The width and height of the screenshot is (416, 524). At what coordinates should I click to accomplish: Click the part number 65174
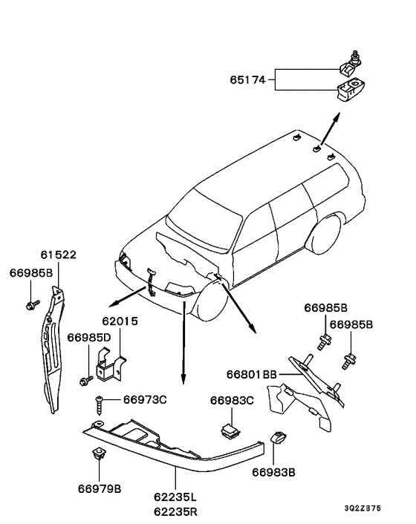point(247,80)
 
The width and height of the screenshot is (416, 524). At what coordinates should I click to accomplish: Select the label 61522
point(59,255)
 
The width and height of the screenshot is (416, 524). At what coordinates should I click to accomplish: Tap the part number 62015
point(120,321)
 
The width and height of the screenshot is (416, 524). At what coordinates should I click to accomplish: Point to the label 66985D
point(89,338)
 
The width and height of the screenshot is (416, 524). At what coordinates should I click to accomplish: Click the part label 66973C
point(145,400)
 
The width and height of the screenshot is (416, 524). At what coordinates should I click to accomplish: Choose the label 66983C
point(232,400)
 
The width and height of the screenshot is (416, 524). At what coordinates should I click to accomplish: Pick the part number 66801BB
point(252,374)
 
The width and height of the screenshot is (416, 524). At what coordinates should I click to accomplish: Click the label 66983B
point(273,473)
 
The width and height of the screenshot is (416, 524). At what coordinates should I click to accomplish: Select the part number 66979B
point(100,489)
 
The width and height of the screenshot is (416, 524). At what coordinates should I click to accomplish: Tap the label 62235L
point(175,497)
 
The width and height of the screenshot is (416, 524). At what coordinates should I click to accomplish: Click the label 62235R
point(176,512)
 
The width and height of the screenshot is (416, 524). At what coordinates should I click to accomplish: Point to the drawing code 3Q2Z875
point(363,508)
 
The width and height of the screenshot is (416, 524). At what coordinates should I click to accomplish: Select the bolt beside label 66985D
point(86,380)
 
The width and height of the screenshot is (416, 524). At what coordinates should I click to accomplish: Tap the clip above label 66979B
point(98,453)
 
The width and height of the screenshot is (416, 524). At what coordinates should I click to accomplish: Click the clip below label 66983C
point(230,430)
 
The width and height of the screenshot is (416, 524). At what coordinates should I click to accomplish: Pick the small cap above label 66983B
point(279,436)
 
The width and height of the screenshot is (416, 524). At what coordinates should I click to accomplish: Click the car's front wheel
point(211,299)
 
